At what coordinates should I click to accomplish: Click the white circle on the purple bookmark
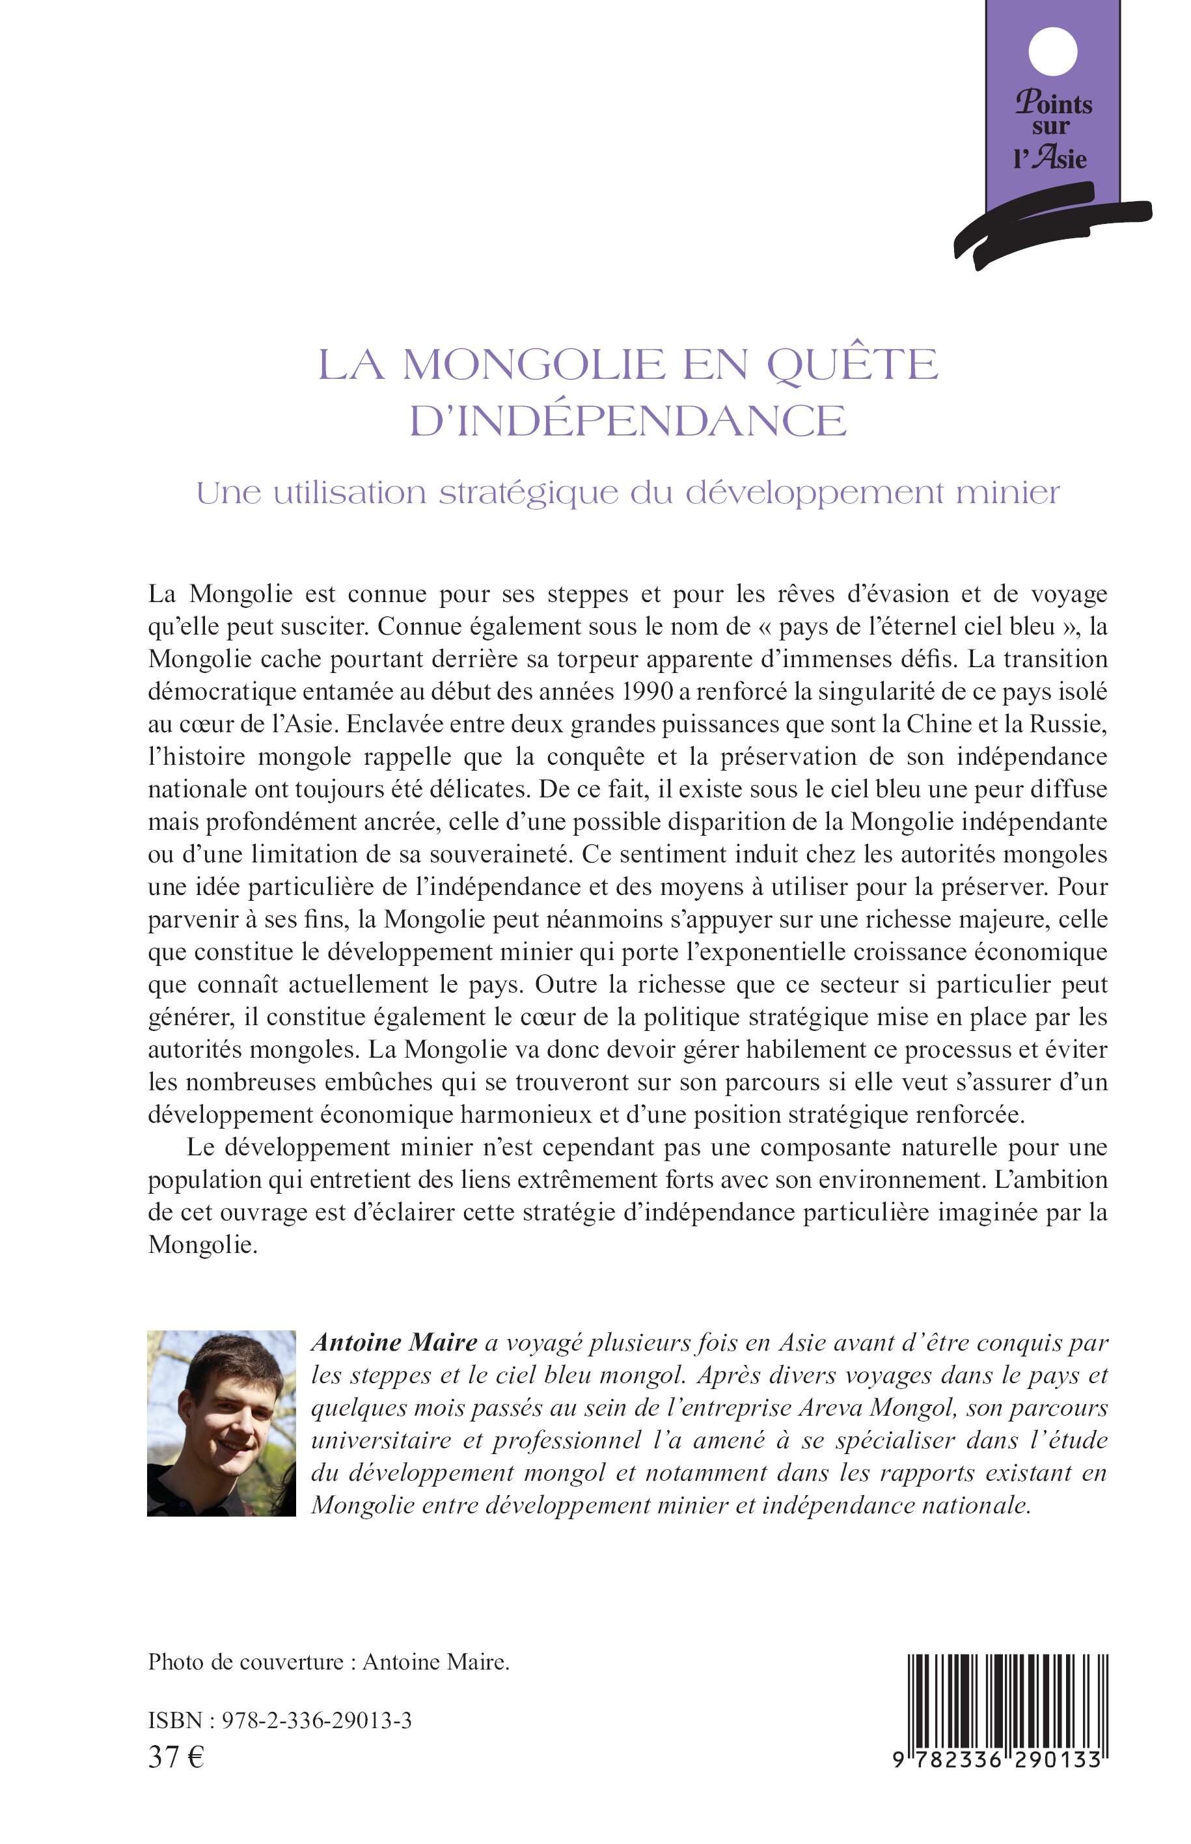(x=1052, y=52)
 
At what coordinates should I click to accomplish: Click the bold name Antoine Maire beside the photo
(x=394, y=1343)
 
